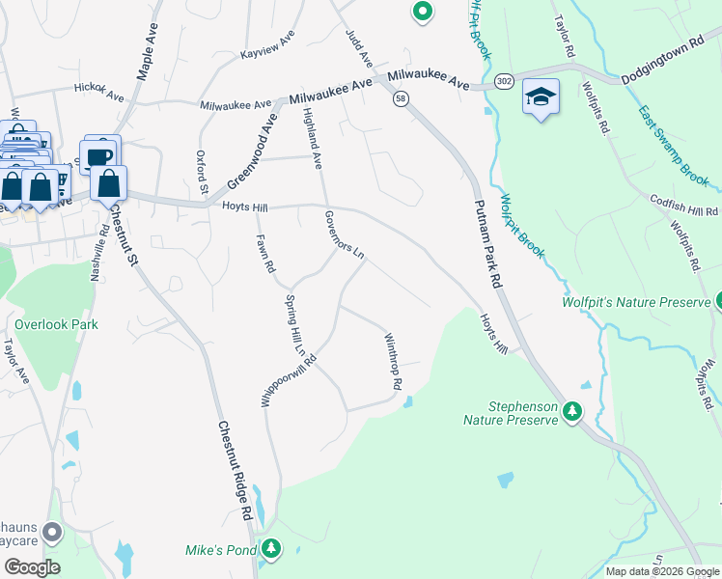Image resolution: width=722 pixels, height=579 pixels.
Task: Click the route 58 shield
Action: [x=401, y=98]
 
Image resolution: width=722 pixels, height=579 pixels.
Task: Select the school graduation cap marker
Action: [x=541, y=96]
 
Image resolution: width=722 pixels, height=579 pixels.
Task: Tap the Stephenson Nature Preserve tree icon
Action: [x=573, y=413]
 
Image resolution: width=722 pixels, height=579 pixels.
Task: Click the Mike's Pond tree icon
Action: [x=271, y=550]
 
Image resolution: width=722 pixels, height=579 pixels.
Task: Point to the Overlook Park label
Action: [x=56, y=325]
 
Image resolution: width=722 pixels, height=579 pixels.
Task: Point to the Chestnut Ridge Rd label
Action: [x=235, y=471]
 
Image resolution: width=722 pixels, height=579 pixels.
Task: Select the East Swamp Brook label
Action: [x=673, y=145]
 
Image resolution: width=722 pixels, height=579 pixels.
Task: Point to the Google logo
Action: [x=31, y=567]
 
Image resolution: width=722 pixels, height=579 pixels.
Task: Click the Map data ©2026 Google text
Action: [x=661, y=571]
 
